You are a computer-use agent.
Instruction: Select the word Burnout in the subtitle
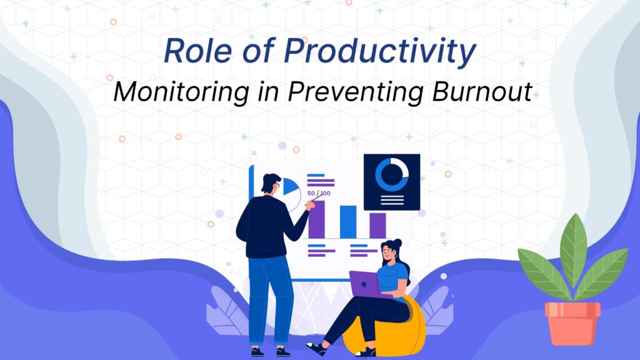(482, 91)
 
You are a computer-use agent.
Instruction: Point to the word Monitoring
(181, 93)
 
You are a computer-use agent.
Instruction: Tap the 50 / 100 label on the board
(319, 193)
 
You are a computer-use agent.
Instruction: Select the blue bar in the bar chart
(348, 222)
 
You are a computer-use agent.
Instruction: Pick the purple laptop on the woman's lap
(365, 284)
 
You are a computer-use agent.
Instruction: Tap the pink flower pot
(572, 323)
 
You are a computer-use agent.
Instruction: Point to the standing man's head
(271, 184)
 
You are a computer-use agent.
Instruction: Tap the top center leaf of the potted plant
(574, 249)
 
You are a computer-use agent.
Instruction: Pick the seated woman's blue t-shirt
(392, 278)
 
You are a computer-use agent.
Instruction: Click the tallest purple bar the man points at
(316, 219)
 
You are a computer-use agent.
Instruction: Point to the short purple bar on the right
(377, 225)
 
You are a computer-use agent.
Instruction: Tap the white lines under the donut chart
(392, 200)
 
